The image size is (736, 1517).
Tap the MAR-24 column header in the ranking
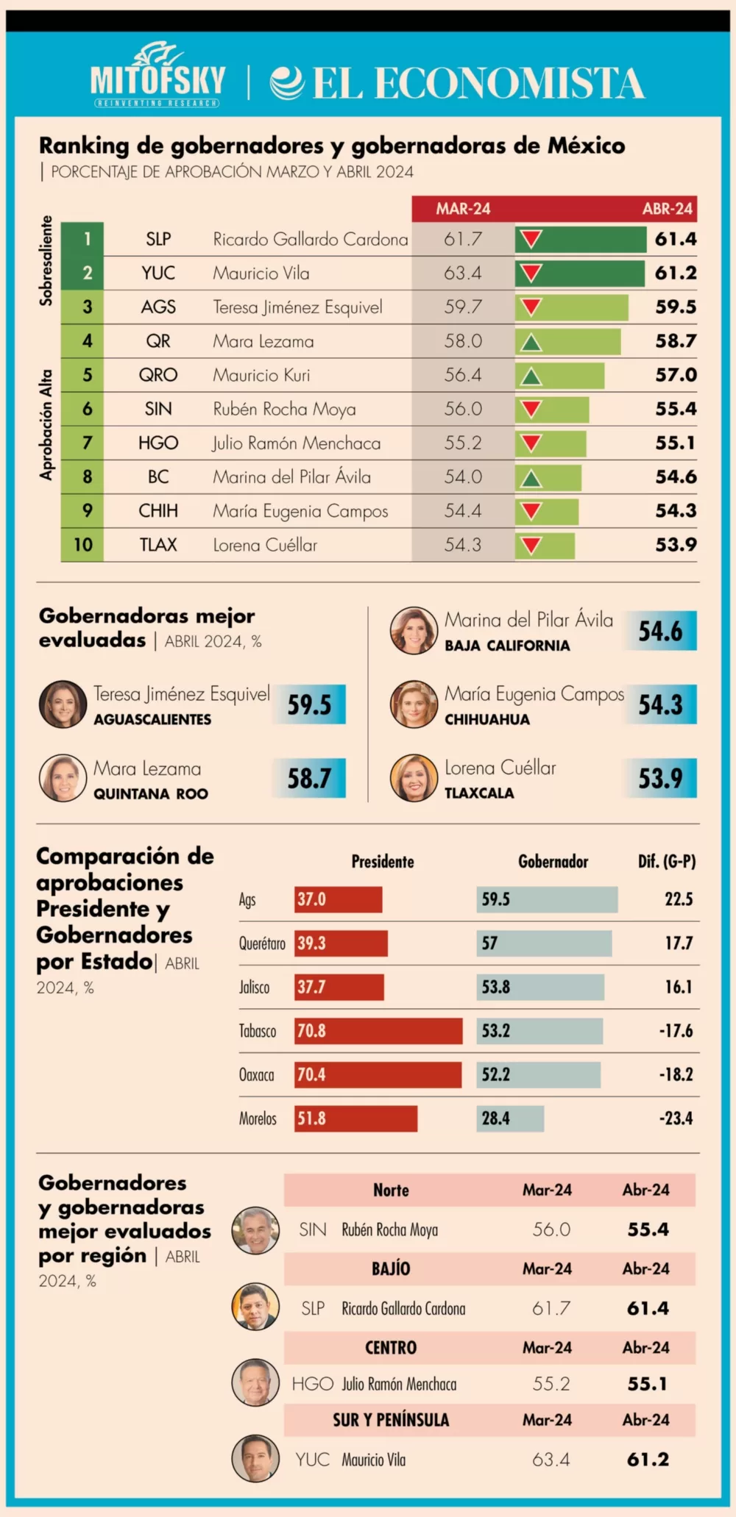[463, 209]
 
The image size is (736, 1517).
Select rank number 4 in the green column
[87, 341]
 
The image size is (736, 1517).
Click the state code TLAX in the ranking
[158, 545]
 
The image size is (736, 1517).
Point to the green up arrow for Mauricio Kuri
[531, 376]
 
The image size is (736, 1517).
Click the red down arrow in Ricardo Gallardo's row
[531, 239]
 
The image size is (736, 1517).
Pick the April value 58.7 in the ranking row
[676, 341]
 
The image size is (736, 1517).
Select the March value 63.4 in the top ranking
[462, 274]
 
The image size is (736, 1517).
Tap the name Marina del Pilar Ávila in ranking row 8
[291, 477]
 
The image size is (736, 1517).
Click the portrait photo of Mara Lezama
[63, 778]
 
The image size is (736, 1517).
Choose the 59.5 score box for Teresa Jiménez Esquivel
[310, 704]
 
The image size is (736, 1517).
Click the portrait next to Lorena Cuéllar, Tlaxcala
[414, 778]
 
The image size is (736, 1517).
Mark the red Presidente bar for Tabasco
[378, 1031]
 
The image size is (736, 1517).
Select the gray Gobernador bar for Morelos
[510, 1118]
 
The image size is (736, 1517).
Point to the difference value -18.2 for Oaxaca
[676, 1075]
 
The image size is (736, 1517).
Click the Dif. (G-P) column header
[666, 862]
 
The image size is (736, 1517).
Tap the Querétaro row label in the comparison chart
[261, 943]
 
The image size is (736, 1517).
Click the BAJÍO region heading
[391, 1268]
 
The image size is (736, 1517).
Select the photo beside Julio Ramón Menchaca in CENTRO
[255, 1382]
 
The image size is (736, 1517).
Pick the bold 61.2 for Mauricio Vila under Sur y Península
[648, 1460]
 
